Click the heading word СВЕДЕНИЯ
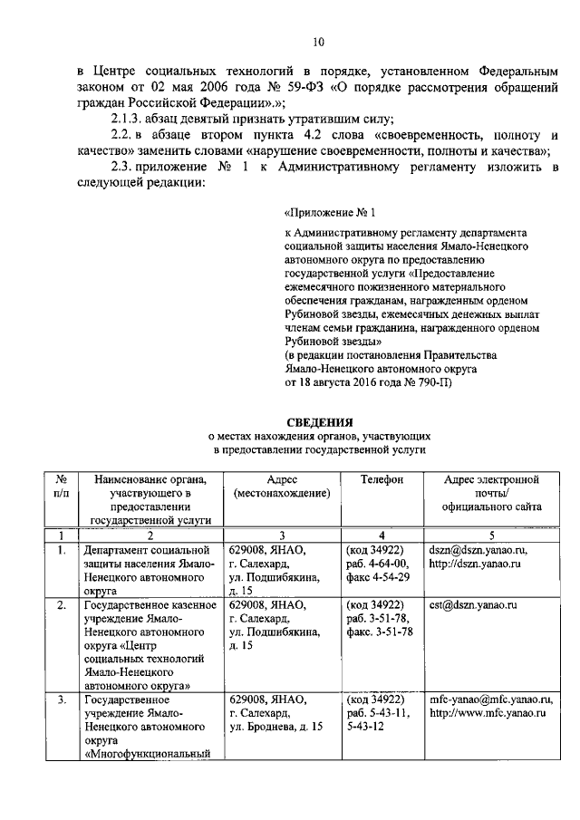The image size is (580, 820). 318,420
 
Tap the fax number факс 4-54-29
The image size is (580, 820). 378,576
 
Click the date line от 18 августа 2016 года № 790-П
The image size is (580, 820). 375,382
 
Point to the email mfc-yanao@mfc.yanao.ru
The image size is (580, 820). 491,700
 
